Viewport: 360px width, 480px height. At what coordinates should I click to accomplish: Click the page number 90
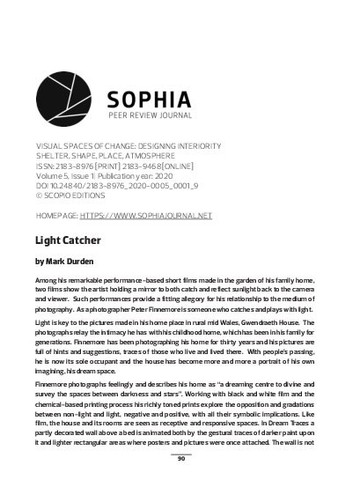tap(180, 458)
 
